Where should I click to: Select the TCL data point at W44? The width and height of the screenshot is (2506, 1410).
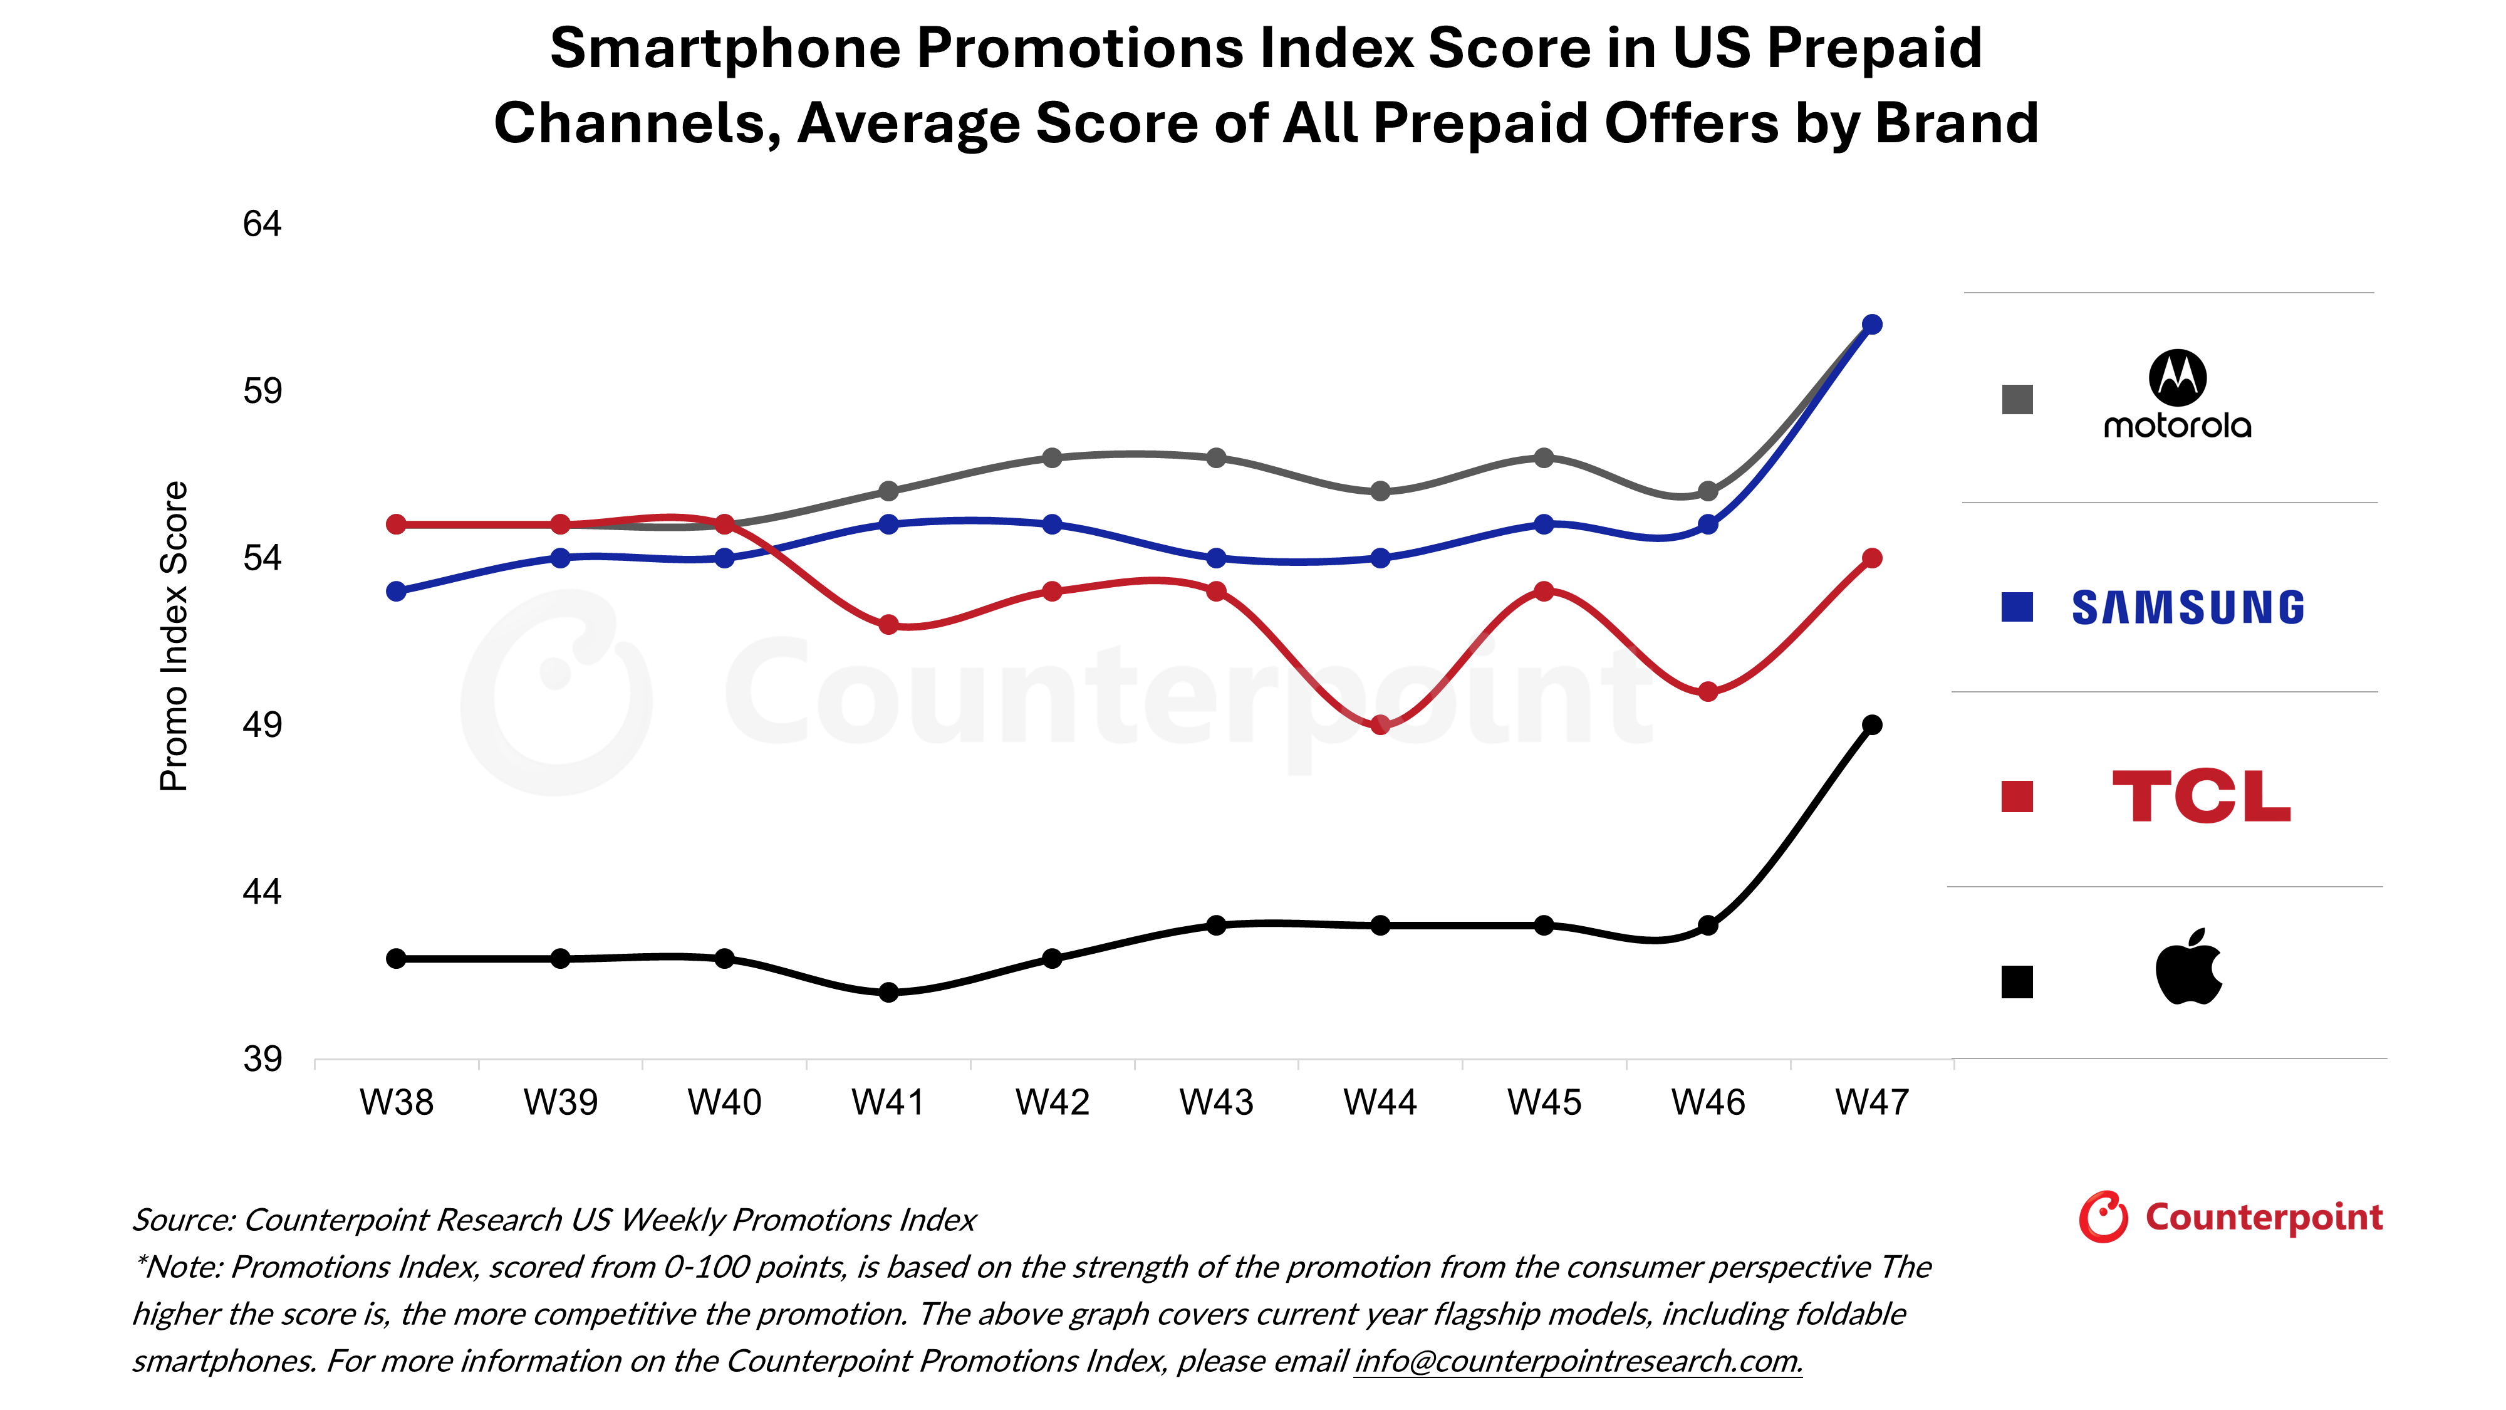coord(1380,725)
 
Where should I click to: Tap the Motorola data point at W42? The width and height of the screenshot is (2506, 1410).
coord(1052,457)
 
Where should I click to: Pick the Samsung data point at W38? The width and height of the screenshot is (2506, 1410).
coord(396,592)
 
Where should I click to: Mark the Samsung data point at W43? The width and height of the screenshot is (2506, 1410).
coord(1216,558)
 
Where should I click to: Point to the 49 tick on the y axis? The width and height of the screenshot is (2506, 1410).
coord(262,725)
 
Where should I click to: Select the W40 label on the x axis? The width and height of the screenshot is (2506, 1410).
coord(724,1102)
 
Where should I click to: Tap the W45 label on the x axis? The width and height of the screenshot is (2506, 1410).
coord(1544,1102)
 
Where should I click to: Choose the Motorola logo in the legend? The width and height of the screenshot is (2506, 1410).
coord(2177,394)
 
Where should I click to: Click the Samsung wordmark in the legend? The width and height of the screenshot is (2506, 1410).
coord(2188,607)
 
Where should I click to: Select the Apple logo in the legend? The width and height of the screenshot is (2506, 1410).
coord(2189,966)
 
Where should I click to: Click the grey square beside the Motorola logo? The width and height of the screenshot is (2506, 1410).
coord(2017,399)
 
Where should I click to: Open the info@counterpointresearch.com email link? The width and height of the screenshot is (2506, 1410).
coord(1578,1360)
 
